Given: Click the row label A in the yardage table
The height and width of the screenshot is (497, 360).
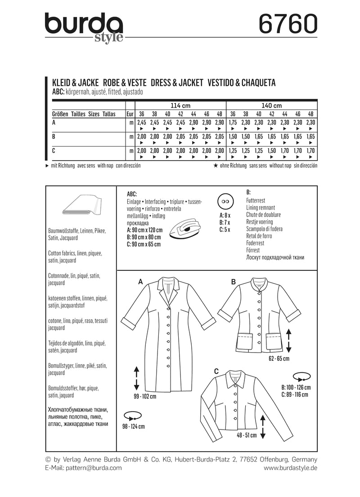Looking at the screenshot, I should click(54, 122).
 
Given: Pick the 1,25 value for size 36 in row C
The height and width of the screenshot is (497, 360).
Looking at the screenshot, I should click(233, 150).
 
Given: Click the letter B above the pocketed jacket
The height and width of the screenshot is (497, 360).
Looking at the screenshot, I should click(234, 282).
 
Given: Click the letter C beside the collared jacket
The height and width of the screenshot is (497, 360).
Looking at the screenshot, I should click(216, 371).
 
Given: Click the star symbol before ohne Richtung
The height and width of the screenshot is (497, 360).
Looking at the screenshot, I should click(216, 166).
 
